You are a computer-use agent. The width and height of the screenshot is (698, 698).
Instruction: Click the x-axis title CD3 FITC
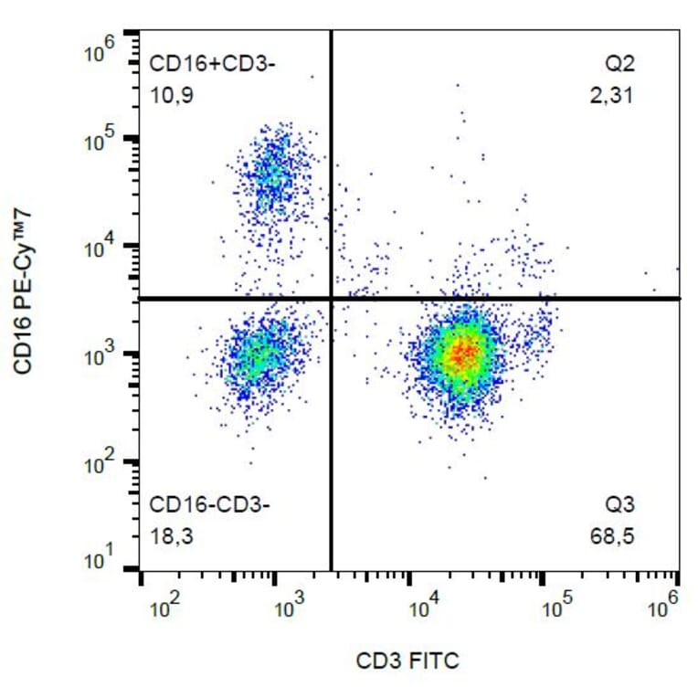[409, 660]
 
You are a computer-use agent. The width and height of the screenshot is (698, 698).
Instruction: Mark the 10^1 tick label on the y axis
[99, 555]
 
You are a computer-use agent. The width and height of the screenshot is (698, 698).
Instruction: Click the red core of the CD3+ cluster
[463, 352]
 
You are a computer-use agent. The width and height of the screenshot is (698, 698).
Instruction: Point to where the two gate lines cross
[331, 299]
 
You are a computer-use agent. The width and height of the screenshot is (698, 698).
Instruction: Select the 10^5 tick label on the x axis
[555, 604]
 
